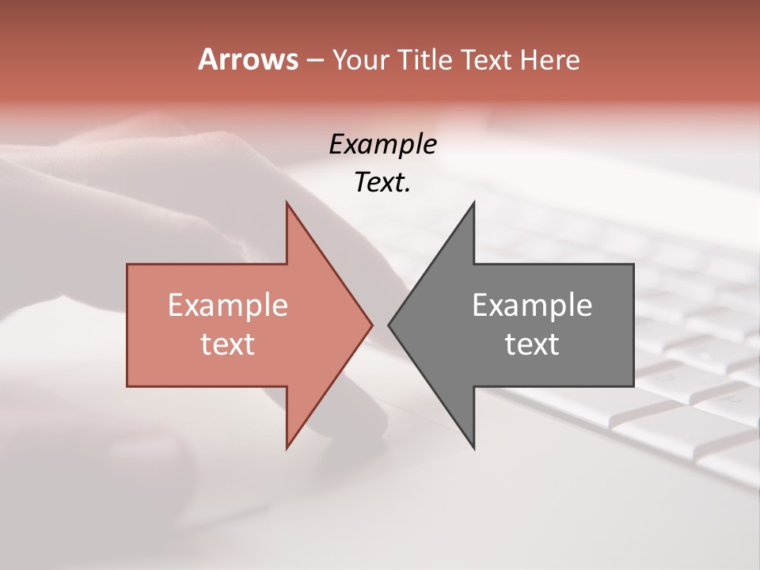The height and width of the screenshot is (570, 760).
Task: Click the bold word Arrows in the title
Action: tap(248, 59)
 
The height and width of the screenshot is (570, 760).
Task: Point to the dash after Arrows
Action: tap(314, 60)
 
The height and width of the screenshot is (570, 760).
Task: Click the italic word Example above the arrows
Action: tap(382, 144)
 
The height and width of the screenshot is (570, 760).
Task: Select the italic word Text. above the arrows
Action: tap(382, 183)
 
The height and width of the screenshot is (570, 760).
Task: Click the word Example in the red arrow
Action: tap(227, 305)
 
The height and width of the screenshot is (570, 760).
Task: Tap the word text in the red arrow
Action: tap(227, 344)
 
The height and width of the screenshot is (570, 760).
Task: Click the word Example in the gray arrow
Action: tap(532, 305)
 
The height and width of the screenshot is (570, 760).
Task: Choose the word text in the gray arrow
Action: tap(532, 344)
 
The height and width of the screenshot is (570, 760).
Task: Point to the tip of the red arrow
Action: tap(372, 325)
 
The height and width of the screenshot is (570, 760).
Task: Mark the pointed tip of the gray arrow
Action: tap(389, 325)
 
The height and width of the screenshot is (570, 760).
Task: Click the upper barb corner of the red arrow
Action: tap(287, 203)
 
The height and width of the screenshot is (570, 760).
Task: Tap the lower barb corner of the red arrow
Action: tap(287, 448)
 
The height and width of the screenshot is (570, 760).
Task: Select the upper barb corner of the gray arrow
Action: tap(474, 203)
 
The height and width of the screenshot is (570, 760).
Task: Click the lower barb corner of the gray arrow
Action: tap(474, 448)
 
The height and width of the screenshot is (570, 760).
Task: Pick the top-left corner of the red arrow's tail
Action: tap(127, 264)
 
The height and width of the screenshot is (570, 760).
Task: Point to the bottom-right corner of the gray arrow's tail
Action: tap(633, 386)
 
